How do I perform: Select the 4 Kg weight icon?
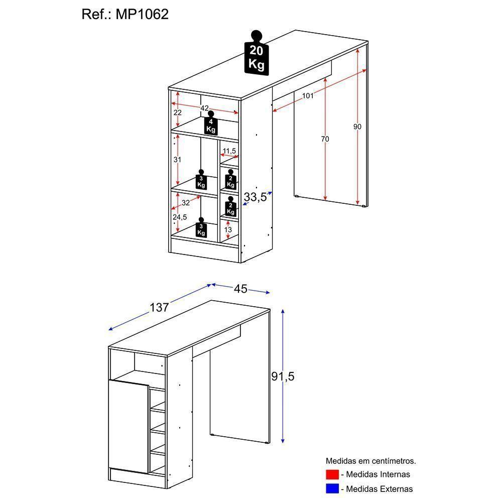tap(211, 124)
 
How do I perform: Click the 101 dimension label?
tap(307, 95)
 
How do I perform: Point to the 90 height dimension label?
tap(357, 127)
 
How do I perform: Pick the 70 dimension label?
tap(325, 139)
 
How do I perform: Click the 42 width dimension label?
tap(204, 108)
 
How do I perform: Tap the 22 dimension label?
tap(177, 112)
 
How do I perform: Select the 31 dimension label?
tap(177, 160)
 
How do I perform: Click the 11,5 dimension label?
tap(229, 151)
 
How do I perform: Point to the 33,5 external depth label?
tap(255, 197)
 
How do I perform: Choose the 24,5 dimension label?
tap(179, 217)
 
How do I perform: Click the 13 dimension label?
tap(228, 229)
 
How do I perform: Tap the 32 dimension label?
tap(186, 203)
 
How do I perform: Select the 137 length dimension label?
tap(159, 307)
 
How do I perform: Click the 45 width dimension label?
tap(240, 289)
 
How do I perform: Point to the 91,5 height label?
tap(283, 376)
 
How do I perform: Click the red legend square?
tap(332, 474)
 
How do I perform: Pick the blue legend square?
tap(332, 488)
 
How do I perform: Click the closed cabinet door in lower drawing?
tap(128, 427)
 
